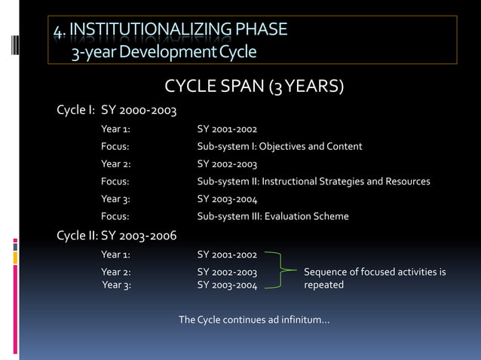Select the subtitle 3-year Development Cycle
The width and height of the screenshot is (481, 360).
pos(164,53)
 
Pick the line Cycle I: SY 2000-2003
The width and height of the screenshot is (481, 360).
pos(117,111)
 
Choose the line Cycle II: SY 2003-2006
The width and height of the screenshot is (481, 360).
pos(117,236)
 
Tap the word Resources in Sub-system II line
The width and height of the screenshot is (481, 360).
pos(407,182)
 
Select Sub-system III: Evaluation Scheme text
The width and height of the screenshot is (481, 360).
pos(273,217)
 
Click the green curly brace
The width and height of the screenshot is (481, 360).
pos(283,271)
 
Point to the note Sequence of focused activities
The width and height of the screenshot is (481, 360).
pos(375,272)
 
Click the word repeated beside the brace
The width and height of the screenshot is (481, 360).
pos(323,285)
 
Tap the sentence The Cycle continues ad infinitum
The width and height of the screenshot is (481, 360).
pos(253,321)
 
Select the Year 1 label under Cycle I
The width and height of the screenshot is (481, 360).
pos(116,130)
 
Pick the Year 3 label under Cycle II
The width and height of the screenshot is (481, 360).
pos(116,285)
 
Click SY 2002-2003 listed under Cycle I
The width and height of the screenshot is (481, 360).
pos(227,164)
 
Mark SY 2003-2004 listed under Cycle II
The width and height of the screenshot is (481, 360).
pos(227,285)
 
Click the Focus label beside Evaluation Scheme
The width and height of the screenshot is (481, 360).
pos(115,217)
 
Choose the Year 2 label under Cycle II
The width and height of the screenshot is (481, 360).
pos(116,272)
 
